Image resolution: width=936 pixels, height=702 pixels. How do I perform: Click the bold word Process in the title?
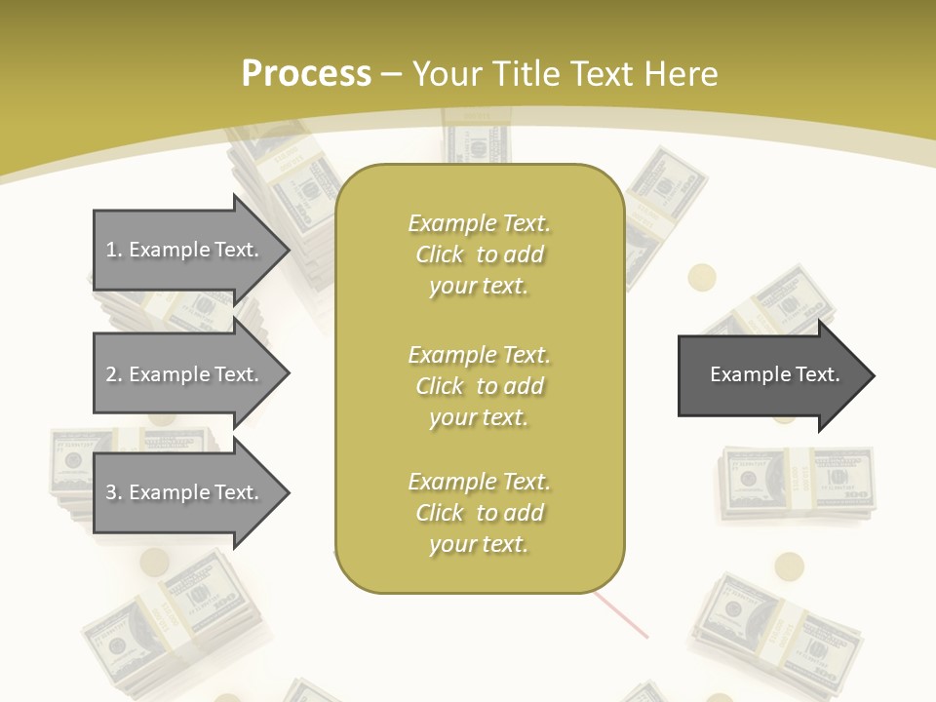306,74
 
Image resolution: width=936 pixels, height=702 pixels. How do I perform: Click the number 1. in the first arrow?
114,250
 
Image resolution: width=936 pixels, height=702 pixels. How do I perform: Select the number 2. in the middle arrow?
114,374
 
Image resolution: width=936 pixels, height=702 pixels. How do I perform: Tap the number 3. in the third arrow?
114,492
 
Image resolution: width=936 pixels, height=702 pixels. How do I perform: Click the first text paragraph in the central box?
479,254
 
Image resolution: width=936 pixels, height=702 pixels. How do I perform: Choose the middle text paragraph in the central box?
479,386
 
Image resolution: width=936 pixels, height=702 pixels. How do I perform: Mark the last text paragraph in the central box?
479,513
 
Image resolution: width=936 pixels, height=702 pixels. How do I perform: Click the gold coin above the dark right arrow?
702,278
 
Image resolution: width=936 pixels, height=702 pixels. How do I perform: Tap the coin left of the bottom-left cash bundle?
154,562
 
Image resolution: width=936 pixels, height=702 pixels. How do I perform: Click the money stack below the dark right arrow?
798,483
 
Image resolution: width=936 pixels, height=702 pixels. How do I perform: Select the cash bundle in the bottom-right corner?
770,624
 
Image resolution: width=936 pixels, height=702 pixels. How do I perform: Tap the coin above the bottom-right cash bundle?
790,566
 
